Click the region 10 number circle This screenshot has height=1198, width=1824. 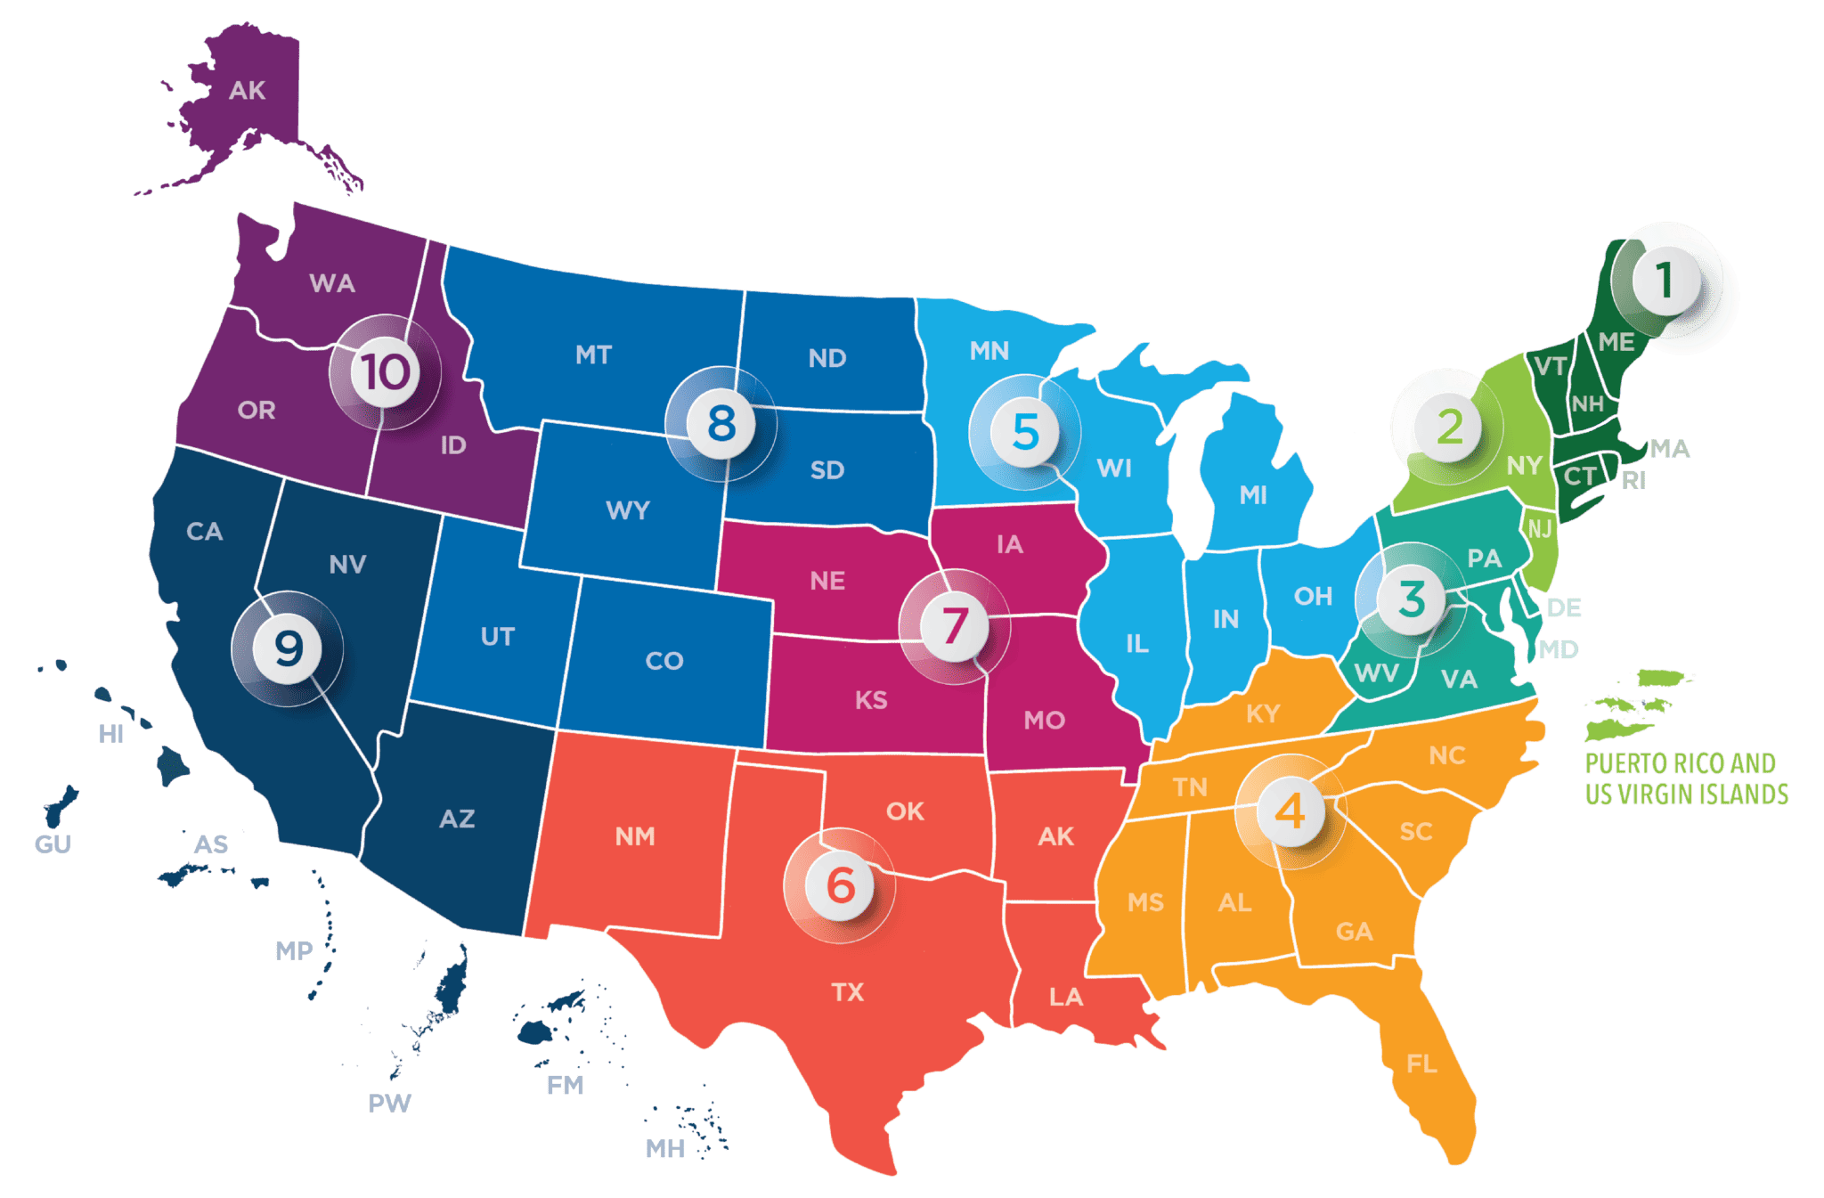tap(386, 372)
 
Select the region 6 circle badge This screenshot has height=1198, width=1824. tap(840, 885)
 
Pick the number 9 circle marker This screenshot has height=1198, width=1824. tap(288, 648)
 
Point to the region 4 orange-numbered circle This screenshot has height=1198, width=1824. tap(1290, 811)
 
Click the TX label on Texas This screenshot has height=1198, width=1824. tap(847, 992)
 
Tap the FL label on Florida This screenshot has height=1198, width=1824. tap(1421, 1064)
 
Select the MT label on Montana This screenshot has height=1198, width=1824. tap(593, 355)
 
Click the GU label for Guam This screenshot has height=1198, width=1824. tap(53, 844)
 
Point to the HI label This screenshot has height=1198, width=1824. tap(111, 734)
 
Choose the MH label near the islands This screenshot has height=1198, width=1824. tap(665, 1149)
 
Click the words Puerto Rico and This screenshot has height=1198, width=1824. tap(1680, 763)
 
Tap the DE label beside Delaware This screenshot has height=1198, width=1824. tap(1564, 608)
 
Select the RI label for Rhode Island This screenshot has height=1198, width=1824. tap(1633, 481)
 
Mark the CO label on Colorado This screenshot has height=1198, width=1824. tap(664, 661)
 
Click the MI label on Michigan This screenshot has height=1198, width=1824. tap(1253, 495)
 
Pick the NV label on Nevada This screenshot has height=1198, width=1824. tap(347, 564)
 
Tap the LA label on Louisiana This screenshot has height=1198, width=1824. tap(1065, 997)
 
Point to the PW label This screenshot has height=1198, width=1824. tap(389, 1104)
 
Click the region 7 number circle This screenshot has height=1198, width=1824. tap(954, 624)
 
